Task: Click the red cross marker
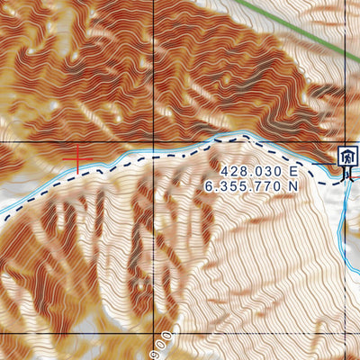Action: pyautogui.click(x=78, y=159)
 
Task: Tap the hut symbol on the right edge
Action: pyautogui.click(x=346, y=157)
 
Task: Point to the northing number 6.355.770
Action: pyautogui.click(x=245, y=184)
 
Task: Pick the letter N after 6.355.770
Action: pyautogui.click(x=292, y=184)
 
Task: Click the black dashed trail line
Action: pyautogui.click(x=180, y=154)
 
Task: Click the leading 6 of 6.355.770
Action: pyautogui.click(x=210, y=184)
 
